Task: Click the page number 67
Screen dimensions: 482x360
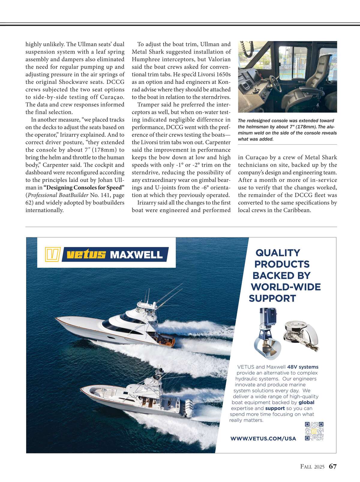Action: click(x=333, y=466)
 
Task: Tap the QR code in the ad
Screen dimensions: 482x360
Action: click(x=314, y=431)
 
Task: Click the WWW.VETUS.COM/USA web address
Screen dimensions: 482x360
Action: click(x=263, y=438)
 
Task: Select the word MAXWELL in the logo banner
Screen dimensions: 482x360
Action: click(x=136, y=255)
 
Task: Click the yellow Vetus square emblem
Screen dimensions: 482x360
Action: click(x=52, y=255)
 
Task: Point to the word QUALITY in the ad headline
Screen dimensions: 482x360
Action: click(x=277, y=253)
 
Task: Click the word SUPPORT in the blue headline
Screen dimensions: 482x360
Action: click(x=272, y=298)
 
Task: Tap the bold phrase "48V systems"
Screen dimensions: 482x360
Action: click(x=303, y=367)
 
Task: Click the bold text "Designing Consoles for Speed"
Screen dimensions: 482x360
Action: click(x=84, y=188)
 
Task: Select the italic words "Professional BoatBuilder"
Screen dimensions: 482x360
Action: click(x=58, y=195)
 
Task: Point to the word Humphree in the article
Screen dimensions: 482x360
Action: click(x=144, y=59)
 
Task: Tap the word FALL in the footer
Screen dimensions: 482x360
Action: click(x=307, y=467)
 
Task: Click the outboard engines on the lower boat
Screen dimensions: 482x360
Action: click(x=188, y=408)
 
